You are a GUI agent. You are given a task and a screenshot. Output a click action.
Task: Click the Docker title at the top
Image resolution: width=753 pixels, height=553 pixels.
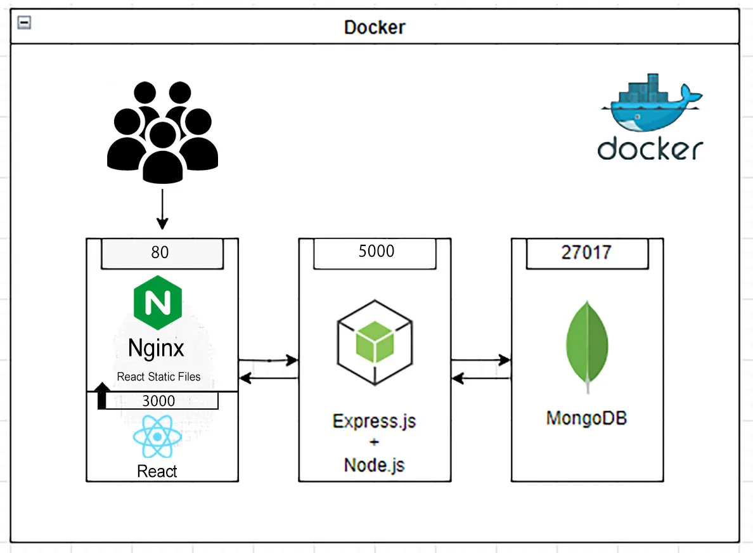click(375, 27)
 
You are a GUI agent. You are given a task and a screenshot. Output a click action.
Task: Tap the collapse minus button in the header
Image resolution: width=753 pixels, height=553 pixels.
click(25, 22)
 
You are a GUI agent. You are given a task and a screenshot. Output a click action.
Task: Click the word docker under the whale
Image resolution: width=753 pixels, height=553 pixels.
click(650, 148)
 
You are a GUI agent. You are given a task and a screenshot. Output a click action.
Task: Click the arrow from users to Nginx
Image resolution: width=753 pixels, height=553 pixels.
click(162, 210)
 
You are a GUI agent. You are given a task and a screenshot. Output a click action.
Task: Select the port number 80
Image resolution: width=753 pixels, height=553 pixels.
click(160, 252)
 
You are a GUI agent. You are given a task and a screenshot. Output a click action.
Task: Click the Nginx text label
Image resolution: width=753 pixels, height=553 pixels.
click(156, 348)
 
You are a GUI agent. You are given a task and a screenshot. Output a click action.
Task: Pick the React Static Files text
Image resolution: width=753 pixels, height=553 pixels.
click(158, 377)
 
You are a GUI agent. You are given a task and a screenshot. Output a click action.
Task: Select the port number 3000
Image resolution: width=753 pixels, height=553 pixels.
click(158, 400)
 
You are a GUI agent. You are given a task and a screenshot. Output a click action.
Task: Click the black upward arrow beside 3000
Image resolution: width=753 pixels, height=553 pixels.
click(101, 396)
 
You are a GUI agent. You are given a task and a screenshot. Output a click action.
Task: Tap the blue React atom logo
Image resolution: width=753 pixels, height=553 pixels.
click(157, 436)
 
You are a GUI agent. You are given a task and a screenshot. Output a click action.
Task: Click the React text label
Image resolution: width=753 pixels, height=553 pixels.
click(157, 471)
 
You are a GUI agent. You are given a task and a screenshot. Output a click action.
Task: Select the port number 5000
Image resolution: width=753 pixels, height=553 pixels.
click(376, 251)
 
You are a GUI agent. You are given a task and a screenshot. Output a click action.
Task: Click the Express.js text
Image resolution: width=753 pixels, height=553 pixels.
click(375, 421)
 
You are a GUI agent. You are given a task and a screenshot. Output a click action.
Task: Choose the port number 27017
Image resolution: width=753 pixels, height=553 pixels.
click(586, 252)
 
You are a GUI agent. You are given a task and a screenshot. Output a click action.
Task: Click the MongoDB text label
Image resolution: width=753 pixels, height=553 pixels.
click(586, 419)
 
